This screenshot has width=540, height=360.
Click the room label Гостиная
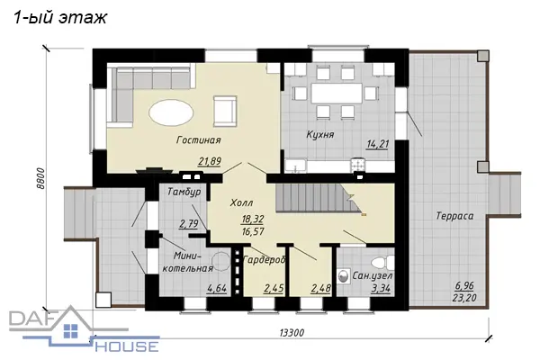(199, 139)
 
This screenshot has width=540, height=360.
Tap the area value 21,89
(210, 161)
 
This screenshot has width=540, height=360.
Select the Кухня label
(320, 134)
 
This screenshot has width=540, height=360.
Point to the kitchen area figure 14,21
(377, 144)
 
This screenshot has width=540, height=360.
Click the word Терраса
(454, 216)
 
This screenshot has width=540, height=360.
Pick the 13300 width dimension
(292, 333)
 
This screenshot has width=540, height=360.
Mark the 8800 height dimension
(40, 178)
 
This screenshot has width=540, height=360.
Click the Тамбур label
(184, 192)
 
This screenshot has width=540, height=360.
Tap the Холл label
(241, 202)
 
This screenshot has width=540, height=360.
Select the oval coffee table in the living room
(171, 112)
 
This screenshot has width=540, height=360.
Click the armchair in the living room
(225, 111)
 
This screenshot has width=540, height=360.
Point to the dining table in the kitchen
(337, 93)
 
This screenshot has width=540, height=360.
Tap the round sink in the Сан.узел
(343, 276)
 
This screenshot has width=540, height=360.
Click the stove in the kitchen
(358, 165)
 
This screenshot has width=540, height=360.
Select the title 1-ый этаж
(60, 18)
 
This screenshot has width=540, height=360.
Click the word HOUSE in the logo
(127, 346)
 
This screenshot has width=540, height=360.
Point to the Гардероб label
(264, 260)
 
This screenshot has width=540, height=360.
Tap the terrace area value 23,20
(464, 297)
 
